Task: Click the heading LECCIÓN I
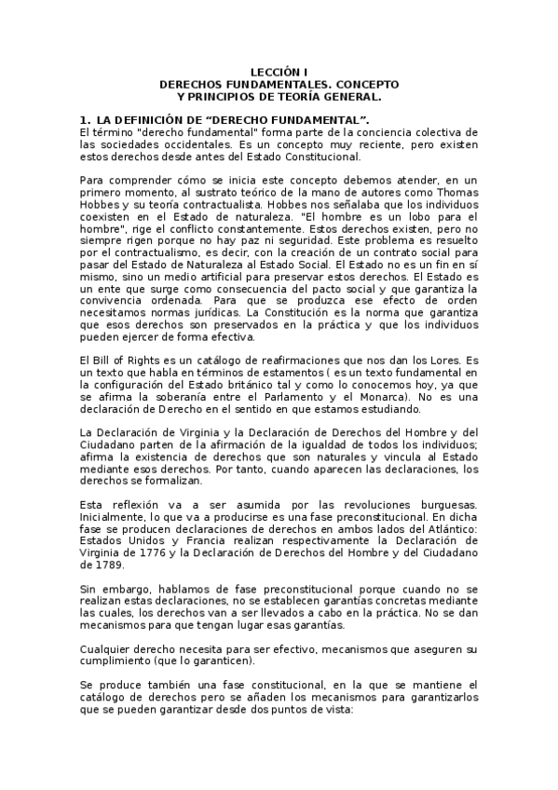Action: pyautogui.click(x=279, y=72)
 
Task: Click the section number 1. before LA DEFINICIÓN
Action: pyautogui.click(x=85, y=121)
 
